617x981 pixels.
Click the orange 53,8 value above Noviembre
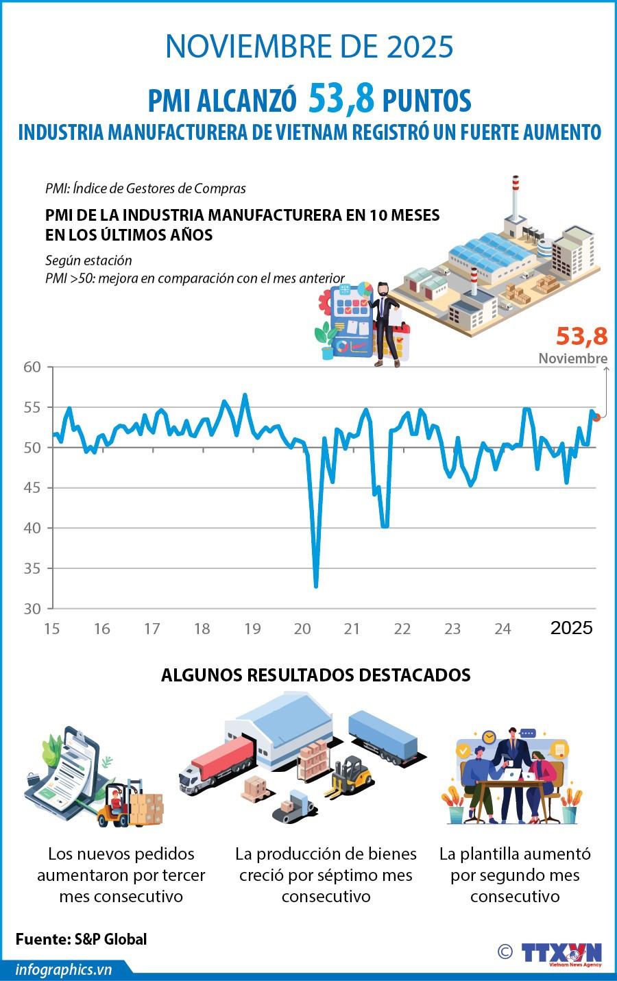pyautogui.click(x=581, y=336)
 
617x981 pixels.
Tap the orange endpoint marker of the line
pyautogui.click(x=596, y=417)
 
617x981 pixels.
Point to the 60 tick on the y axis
pyautogui.click(x=32, y=367)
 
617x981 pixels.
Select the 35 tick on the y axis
pyautogui.click(x=32, y=568)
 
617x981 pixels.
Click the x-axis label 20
pyautogui.click(x=302, y=629)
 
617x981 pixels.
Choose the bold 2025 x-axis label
pyautogui.click(x=571, y=628)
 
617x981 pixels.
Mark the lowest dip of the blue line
pyautogui.click(x=316, y=586)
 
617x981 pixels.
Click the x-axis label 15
pyautogui.click(x=52, y=629)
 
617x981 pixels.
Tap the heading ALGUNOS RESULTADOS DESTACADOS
pyautogui.click(x=315, y=675)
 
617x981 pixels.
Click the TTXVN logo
pyautogui.click(x=561, y=954)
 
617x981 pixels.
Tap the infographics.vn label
pyautogui.click(x=63, y=969)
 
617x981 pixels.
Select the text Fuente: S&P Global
pyautogui.click(x=81, y=938)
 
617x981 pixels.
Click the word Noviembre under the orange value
pyautogui.click(x=572, y=359)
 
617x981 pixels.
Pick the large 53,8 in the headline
pyautogui.click(x=341, y=99)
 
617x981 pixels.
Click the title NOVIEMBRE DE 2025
pyautogui.click(x=309, y=47)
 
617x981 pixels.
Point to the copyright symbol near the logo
pyautogui.click(x=505, y=952)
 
